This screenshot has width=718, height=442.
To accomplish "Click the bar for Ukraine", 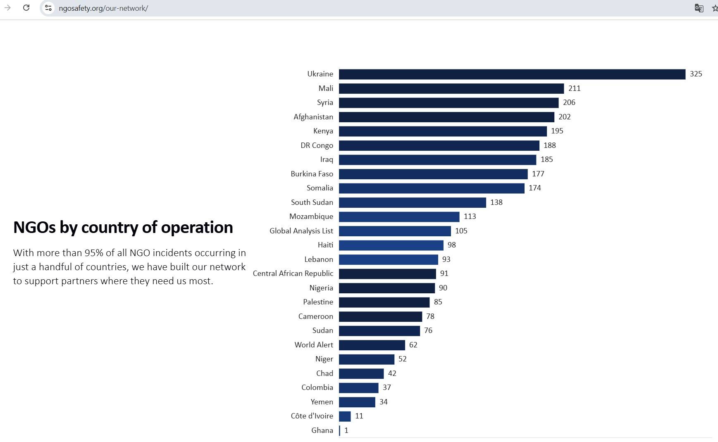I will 512,74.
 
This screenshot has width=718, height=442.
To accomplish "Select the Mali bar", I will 451,88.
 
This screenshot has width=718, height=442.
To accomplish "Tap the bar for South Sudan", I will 412,202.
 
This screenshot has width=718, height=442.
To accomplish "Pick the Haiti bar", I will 391,245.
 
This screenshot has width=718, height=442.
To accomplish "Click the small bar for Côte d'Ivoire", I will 345,416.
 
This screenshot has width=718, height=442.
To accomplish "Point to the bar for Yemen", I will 357,402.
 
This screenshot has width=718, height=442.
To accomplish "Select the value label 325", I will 696,74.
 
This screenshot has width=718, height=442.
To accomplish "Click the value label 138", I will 496,202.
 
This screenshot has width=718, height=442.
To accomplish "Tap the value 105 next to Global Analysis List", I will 461,231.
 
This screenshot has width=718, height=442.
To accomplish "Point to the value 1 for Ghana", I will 346,430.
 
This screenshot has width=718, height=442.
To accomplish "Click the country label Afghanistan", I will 313,117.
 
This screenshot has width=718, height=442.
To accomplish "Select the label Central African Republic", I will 293,273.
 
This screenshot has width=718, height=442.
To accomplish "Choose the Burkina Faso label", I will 312,174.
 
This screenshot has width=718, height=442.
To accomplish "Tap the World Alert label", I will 313,345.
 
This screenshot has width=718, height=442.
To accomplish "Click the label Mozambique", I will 311,216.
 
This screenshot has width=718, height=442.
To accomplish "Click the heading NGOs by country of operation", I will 123,227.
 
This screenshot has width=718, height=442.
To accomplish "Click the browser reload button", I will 26,8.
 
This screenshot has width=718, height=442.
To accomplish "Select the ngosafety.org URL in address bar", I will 103,8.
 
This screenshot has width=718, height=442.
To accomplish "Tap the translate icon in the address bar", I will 699,8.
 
